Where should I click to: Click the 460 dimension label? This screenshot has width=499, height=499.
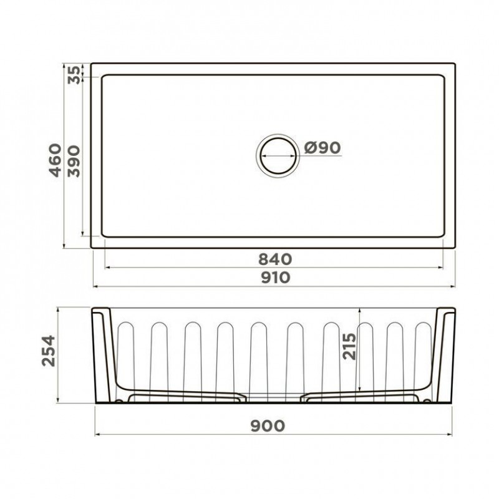tap(55, 160)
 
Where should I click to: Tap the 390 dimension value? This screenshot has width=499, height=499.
tap(74, 161)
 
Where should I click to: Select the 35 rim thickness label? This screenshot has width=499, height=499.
tap(74, 75)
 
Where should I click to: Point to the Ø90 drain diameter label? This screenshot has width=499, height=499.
tap(322, 147)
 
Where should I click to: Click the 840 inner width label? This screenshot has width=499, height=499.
tap(275, 259)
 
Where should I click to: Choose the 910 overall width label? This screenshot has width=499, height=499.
tap(276, 278)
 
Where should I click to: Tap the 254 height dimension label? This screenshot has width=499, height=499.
tap(49, 351)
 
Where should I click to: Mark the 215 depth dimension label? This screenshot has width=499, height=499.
tap(349, 346)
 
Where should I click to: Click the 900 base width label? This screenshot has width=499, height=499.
tap(268, 426)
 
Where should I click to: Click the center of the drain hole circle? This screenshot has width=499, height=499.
tap(278, 156)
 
